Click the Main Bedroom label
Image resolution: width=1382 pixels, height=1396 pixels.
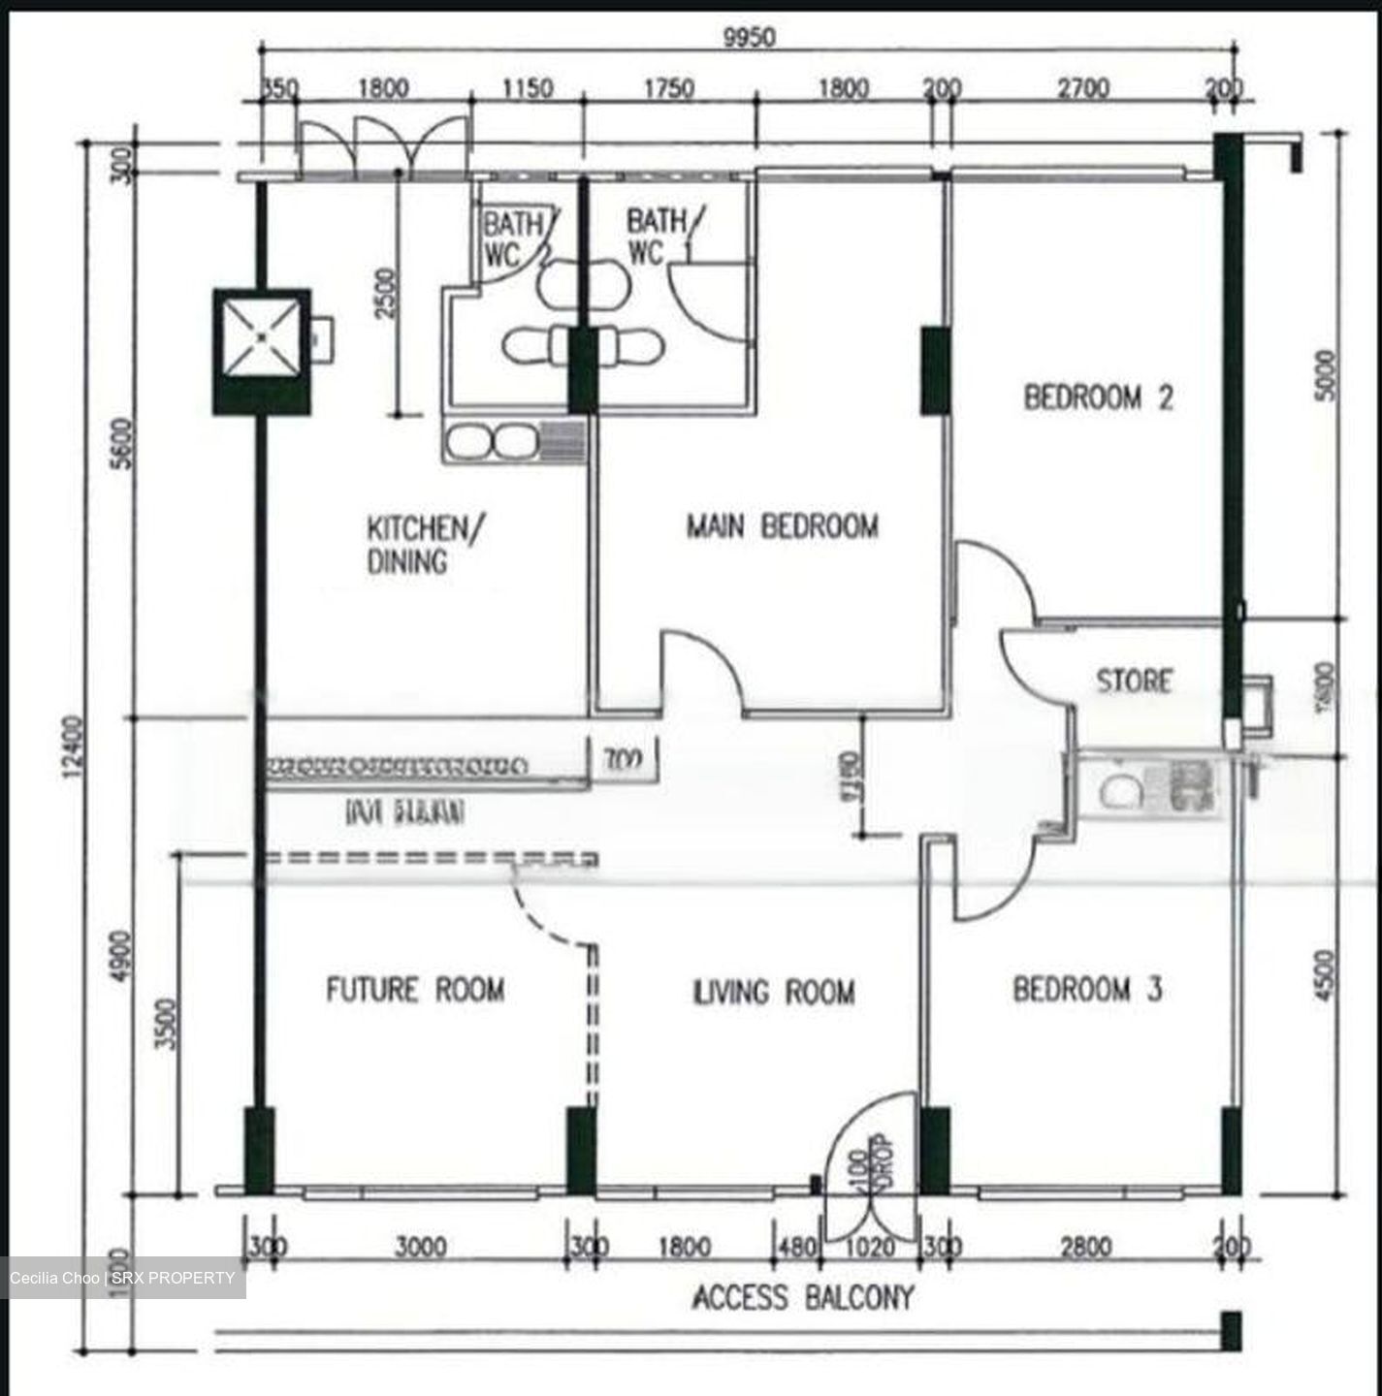pos(782,526)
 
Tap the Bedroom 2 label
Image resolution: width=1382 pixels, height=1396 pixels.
pos(1098,397)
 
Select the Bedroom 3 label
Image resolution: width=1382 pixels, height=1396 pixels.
pos(1087,990)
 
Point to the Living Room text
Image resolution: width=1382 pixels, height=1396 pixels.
pos(774,992)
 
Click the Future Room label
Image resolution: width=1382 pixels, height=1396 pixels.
pos(415,990)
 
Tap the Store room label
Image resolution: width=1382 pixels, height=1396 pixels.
pos(1134,681)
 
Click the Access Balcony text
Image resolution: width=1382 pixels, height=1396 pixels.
pos(802,1297)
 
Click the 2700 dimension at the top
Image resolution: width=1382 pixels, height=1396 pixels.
pos(1082,89)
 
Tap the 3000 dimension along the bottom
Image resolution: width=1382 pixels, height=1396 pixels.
pos(420,1247)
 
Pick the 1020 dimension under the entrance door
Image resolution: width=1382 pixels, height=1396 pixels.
pos(870,1247)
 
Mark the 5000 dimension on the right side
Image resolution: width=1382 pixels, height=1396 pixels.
pos(1327,376)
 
